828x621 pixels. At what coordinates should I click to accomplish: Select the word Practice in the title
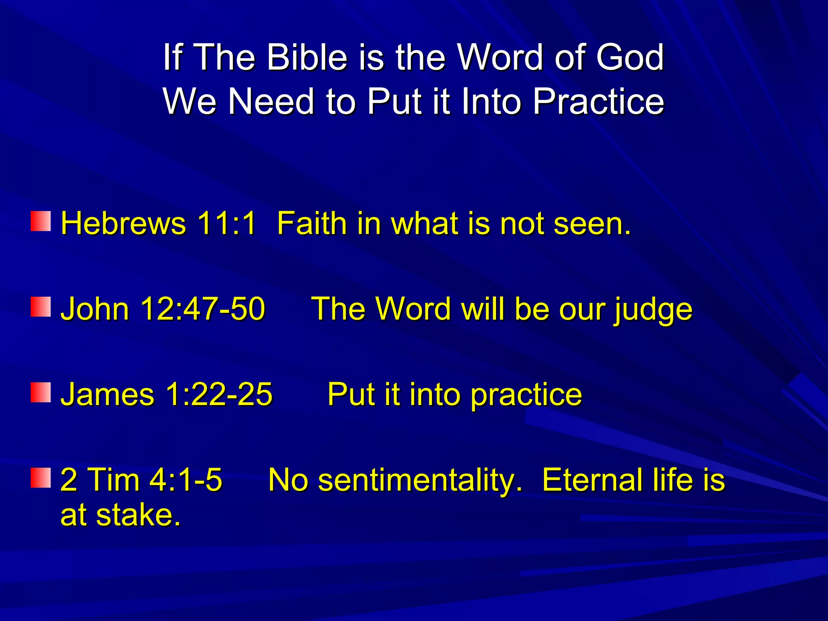(x=598, y=101)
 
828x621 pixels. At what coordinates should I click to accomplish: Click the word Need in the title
(x=271, y=101)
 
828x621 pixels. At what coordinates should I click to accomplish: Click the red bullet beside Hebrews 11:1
(x=41, y=221)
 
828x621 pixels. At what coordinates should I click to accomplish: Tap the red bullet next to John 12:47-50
(x=41, y=307)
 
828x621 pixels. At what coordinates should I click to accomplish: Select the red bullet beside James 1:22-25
(x=41, y=393)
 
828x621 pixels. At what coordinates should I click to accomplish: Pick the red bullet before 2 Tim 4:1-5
(x=41, y=478)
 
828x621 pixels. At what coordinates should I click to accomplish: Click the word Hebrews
(x=123, y=223)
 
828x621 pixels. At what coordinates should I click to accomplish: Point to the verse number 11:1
(x=226, y=223)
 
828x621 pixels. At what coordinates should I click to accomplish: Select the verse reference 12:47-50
(x=203, y=309)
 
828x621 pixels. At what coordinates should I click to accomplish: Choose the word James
(x=107, y=395)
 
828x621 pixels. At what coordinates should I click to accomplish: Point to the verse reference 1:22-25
(x=219, y=395)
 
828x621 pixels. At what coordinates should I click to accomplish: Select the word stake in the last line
(x=138, y=516)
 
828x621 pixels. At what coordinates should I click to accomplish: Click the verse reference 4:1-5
(x=186, y=480)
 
